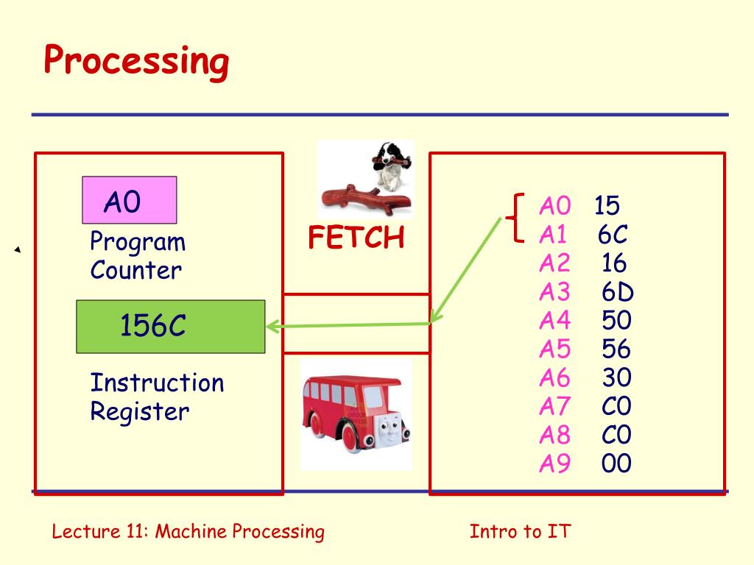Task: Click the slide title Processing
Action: (136, 61)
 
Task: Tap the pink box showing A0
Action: (129, 200)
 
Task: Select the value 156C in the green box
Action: (153, 326)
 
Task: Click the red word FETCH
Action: (356, 238)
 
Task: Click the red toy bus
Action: (354, 413)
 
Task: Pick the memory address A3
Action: (554, 292)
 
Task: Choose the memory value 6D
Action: (617, 292)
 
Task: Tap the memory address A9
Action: (554, 464)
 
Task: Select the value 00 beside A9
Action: (616, 464)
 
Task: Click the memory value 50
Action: (616, 321)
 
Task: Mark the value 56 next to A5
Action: (616, 349)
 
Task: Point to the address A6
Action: (554, 378)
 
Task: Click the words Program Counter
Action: (137, 256)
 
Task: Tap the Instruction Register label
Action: (156, 397)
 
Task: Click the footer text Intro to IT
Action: (520, 532)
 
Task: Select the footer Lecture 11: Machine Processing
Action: (188, 532)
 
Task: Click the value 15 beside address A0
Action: (607, 206)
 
